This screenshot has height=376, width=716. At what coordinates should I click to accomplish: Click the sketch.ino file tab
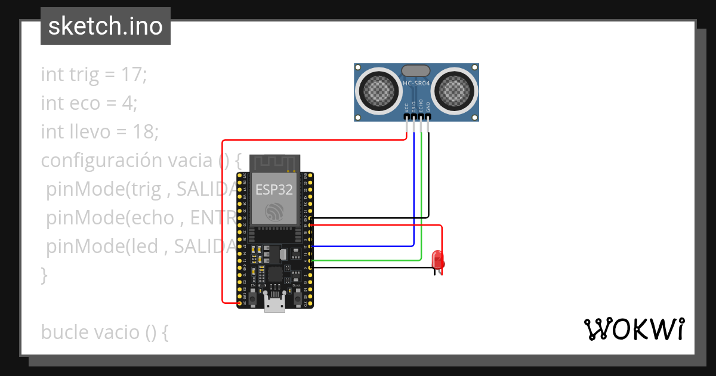pyautogui.click(x=105, y=26)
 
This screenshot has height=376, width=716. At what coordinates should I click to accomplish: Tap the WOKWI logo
pyautogui.click(x=634, y=329)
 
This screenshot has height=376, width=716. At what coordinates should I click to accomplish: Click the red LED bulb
pyautogui.click(x=439, y=260)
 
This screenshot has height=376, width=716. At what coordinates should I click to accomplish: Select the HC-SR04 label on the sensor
pyautogui.click(x=416, y=84)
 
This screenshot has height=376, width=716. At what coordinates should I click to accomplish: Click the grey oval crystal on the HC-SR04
pyautogui.click(x=416, y=71)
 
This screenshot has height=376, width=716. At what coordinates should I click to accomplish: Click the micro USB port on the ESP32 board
pyautogui.click(x=274, y=304)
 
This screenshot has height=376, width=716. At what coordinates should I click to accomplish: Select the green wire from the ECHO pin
pyautogui.click(x=421, y=197)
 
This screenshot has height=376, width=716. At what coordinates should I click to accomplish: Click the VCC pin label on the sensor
pyautogui.click(x=406, y=108)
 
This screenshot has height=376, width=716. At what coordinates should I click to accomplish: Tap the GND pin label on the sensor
pyautogui.click(x=428, y=107)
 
